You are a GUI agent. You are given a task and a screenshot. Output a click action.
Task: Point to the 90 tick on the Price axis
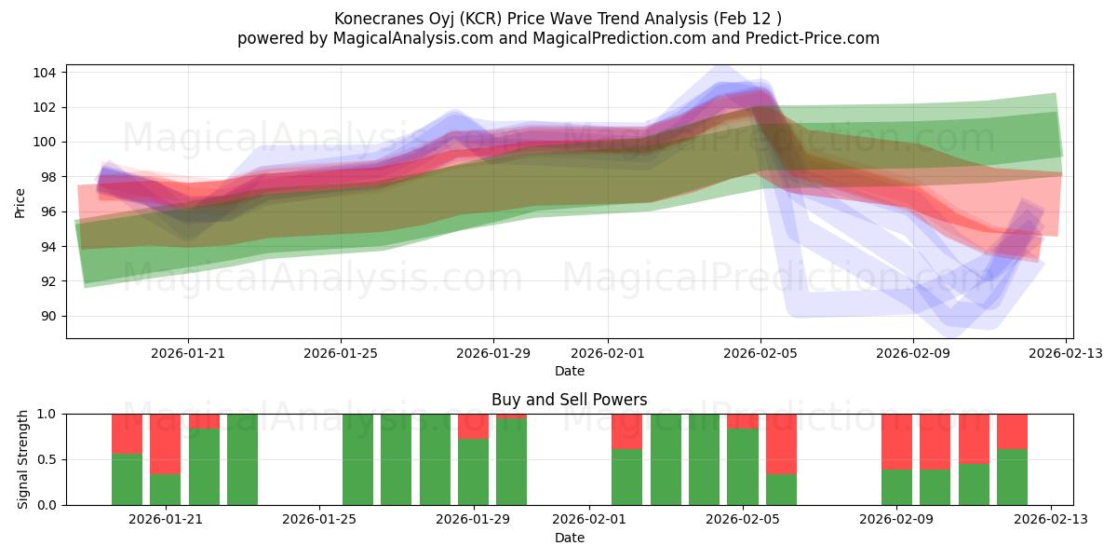(49, 316)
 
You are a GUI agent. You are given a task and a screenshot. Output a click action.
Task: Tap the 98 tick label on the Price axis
(49, 177)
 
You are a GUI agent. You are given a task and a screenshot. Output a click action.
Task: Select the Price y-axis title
(20, 202)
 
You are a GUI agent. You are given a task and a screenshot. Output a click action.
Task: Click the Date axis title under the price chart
(569, 371)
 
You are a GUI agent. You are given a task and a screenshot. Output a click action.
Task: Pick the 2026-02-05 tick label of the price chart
(760, 353)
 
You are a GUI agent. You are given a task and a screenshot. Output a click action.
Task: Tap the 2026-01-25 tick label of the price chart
(340, 353)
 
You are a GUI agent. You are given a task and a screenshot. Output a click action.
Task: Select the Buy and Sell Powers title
(569, 400)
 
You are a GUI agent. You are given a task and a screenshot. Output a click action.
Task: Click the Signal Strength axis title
(23, 459)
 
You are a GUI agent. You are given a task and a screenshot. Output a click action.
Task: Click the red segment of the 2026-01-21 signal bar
(165, 443)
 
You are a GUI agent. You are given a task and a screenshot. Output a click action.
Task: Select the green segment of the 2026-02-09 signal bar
(896, 487)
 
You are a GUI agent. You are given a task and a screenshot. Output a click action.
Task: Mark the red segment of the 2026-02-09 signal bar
(896, 442)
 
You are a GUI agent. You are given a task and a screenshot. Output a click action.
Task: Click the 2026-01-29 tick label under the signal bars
(473, 520)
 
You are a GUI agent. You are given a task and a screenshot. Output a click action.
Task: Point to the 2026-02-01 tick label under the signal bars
(588, 520)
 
